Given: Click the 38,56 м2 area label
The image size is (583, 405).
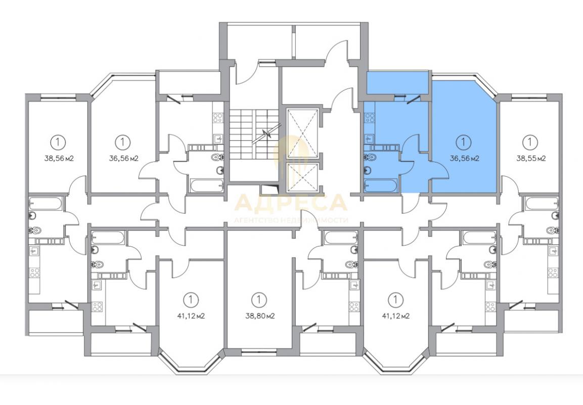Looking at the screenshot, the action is [x=59, y=158].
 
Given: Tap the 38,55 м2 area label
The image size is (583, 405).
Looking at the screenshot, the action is [x=530, y=158].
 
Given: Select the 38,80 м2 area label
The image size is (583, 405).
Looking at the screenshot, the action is [x=260, y=316].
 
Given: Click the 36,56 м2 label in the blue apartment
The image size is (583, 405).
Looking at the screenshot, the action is [x=464, y=158].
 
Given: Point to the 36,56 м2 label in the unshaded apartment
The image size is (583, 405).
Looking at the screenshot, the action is [x=124, y=158].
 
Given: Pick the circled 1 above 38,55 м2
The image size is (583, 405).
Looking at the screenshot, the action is [x=530, y=141].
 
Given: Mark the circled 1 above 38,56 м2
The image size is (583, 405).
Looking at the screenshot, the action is [x=58, y=141].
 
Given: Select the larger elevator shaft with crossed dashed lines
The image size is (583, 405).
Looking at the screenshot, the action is [x=303, y=130].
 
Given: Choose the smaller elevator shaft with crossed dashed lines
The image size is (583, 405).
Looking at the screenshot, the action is [x=303, y=177].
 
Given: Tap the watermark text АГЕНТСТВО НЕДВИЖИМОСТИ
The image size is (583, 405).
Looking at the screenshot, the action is [x=291, y=220].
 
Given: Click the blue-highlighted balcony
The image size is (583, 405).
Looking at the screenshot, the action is [x=397, y=83].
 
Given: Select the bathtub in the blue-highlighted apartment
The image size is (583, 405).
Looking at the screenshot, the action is [x=381, y=185].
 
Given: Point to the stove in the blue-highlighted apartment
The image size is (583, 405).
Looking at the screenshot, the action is [x=370, y=118].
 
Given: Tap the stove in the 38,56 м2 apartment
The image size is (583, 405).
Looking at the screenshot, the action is [x=34, y=273].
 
